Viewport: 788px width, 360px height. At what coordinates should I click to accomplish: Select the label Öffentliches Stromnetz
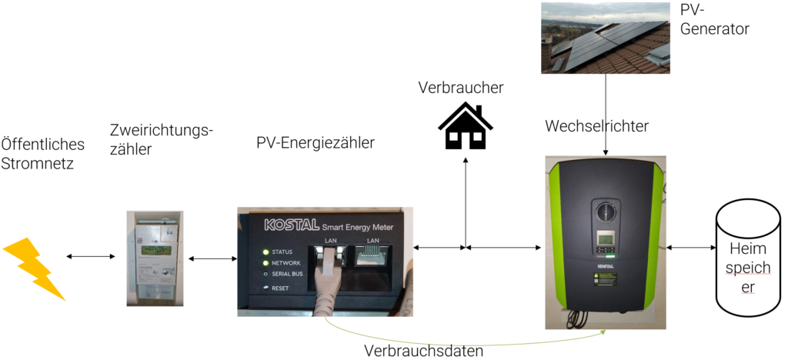click(42, 153)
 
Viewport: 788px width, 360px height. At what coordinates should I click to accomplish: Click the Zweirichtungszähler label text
click(160, 139)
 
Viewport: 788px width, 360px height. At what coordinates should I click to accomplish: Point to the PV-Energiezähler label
click(316, 142)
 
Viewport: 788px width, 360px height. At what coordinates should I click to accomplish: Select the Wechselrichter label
click(596, 125)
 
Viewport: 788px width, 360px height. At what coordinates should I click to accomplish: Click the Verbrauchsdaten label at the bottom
click(423, 351)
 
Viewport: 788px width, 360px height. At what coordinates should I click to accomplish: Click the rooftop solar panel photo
click(605, 38)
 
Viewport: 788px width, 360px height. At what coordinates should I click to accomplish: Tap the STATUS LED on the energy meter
click(266, 252)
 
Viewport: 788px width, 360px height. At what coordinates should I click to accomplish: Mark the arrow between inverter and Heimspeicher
click(691, 248)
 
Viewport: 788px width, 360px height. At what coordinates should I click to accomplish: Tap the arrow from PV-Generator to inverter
click(606, 115)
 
